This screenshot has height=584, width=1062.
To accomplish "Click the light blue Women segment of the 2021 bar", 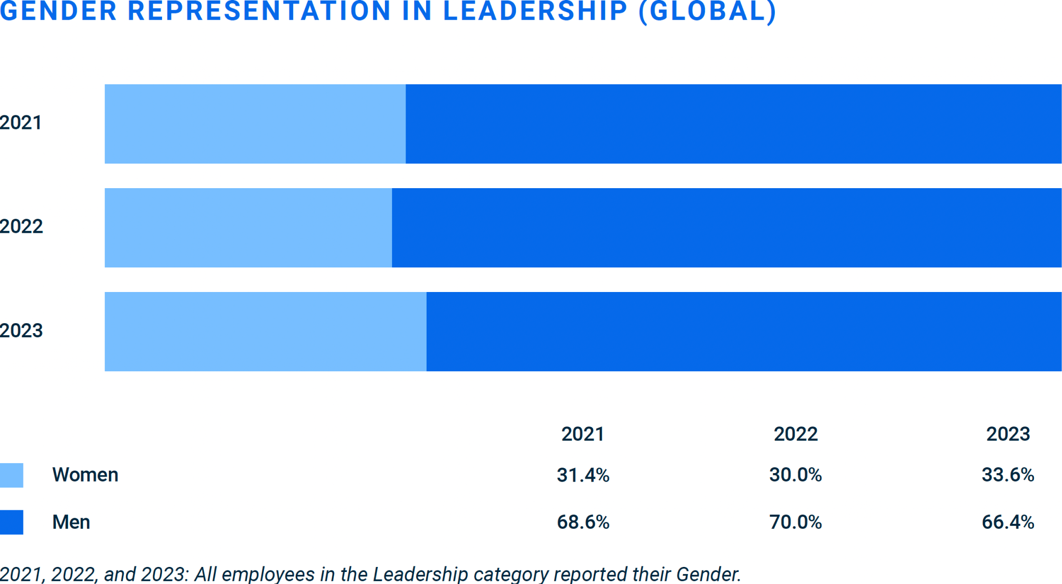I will click(x=255, y=124).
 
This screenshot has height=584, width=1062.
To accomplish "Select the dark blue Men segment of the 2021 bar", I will click(x=733, y=124).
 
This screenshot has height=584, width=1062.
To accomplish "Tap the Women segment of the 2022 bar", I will click(x=248, y=228).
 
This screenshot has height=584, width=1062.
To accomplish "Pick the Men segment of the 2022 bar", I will click(x=726, y=228).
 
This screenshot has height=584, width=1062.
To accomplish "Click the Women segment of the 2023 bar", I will click(x=265, y=332).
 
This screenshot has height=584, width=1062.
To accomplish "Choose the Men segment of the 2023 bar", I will click(x=743, y=332).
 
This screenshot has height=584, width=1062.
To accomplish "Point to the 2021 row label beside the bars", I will click(x=21, y=123).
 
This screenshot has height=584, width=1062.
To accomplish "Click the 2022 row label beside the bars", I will click(x=21, y=227).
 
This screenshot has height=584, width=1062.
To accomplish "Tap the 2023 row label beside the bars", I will click(x=21, y=331).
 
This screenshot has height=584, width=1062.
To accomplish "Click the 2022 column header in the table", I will click(x=795, y=434).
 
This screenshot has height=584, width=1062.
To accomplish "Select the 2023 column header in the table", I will click(x=1008, y=434).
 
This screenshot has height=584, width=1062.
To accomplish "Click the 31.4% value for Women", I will click(x=583, y=475).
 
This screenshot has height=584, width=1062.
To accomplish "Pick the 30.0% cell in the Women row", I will click(x=795, y=475).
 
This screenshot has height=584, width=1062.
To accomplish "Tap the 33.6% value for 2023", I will click(x=1008, y=475).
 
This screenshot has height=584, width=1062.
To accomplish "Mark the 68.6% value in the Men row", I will click(x=583, y=522).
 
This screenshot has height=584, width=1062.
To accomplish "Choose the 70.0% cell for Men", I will click(x=795, y=522).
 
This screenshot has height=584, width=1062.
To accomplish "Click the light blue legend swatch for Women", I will click(x=12, y=475).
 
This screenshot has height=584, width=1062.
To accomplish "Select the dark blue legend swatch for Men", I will click(x=12, y=522).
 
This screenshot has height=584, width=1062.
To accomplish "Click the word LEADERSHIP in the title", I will click(x=535, y=11).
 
